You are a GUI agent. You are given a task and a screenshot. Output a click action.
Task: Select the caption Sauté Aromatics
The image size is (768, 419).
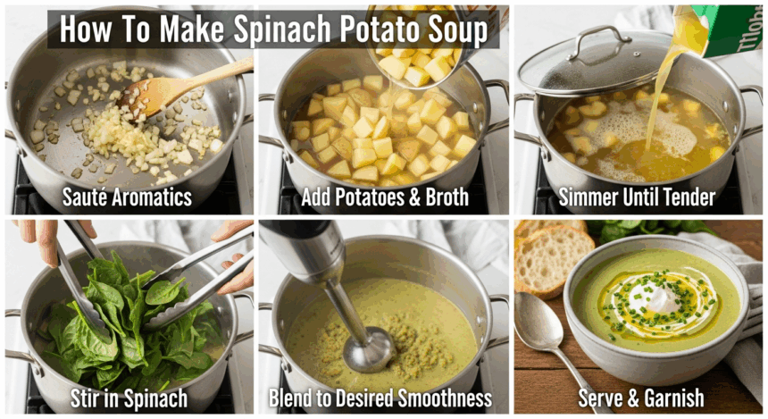pyautogui.click(x=128, y=196)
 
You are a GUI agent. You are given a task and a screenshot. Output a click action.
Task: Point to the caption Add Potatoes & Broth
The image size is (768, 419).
pyautogui.click(x=384, y=196)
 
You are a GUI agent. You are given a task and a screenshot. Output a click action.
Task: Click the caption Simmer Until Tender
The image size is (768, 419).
pyautogui.click(x=639, y=196)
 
